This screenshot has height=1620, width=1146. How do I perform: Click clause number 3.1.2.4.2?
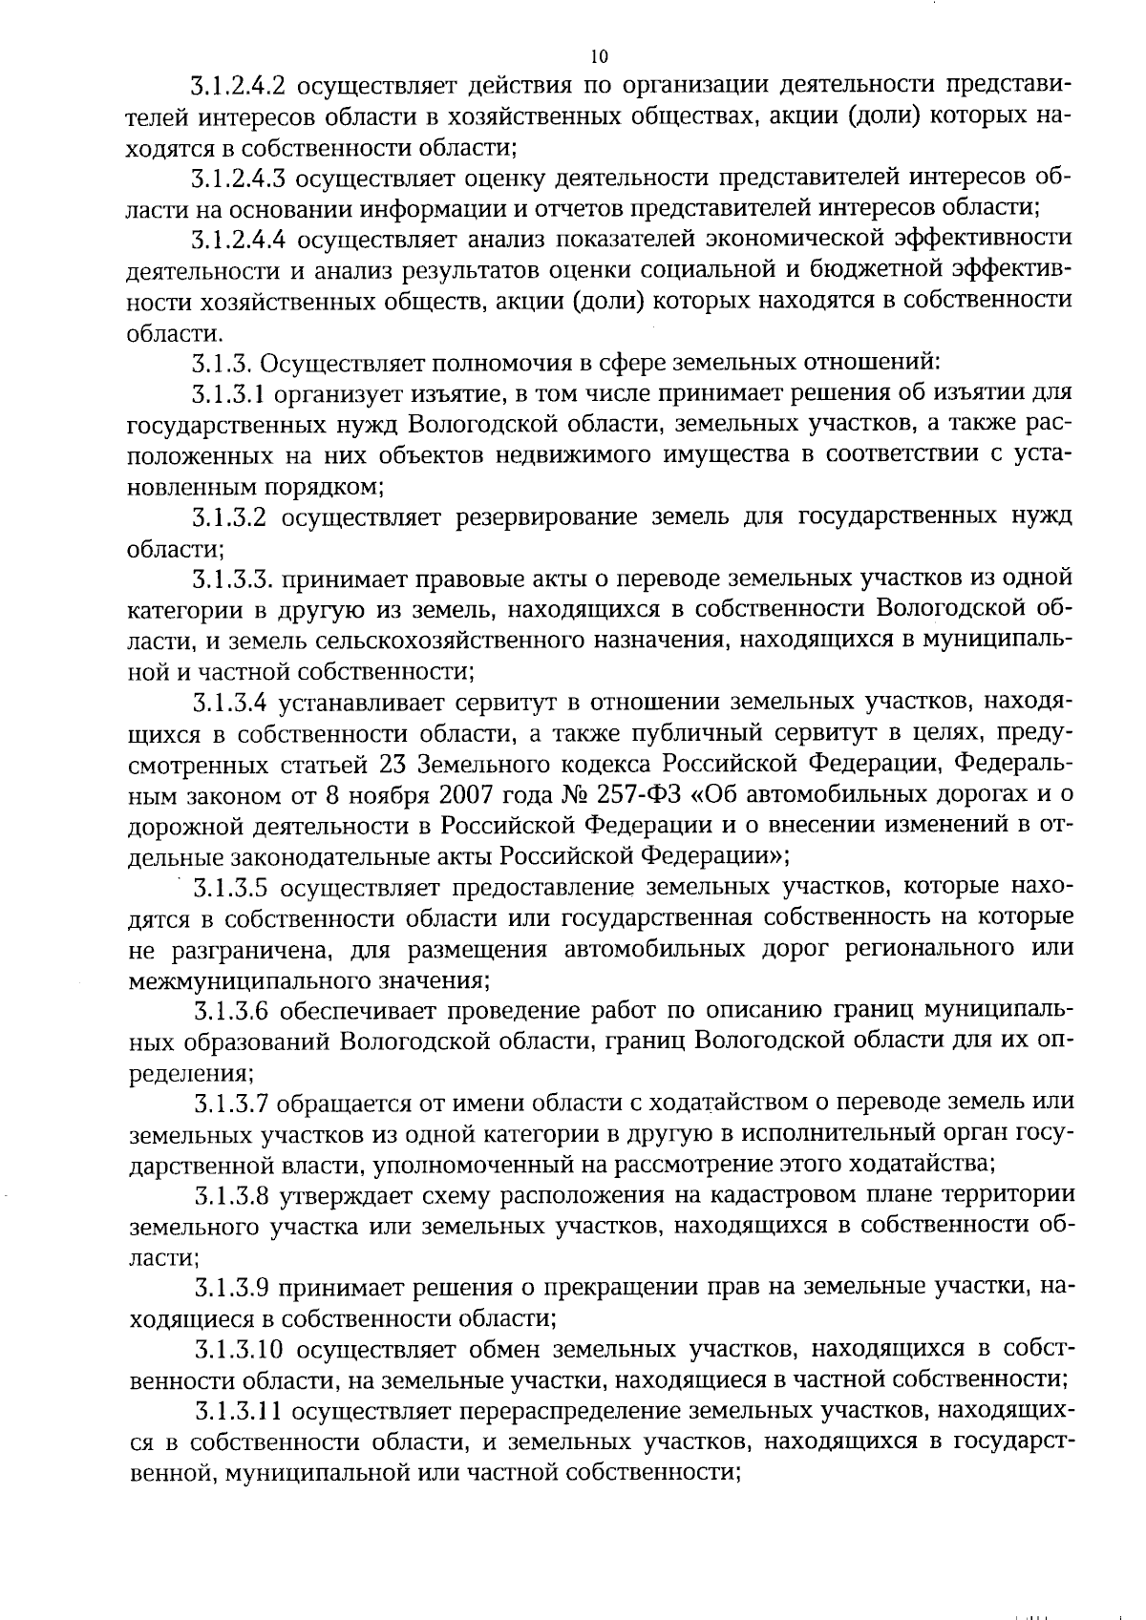239,87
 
